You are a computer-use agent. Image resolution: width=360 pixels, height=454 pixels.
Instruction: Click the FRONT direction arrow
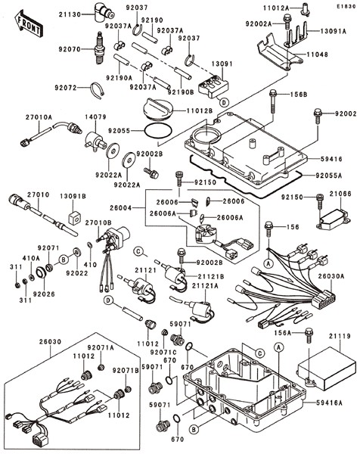[28, 23]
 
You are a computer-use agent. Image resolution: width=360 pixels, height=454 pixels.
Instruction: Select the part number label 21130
[70, 14]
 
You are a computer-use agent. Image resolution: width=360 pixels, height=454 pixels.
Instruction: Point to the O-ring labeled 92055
[158, 131]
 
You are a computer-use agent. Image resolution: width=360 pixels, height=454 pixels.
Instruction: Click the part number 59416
[331, 159]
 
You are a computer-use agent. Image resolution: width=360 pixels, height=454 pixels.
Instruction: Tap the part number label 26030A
[331, 276]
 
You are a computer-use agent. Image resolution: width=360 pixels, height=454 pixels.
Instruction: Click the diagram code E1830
[346, 6]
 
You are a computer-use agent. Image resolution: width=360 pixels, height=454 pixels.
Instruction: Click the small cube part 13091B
[75, 217]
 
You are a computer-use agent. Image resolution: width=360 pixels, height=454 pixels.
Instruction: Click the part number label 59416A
[329, 403]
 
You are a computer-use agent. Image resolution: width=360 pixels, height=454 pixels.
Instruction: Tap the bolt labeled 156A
[309, 335]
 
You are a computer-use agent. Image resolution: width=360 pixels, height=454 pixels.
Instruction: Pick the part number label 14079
[95, 117]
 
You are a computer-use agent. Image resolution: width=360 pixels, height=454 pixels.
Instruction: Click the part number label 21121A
[205, 286]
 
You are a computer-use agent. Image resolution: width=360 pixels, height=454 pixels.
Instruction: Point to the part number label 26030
[51, 342]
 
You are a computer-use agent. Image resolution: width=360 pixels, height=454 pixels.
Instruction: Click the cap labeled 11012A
[306, 8]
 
